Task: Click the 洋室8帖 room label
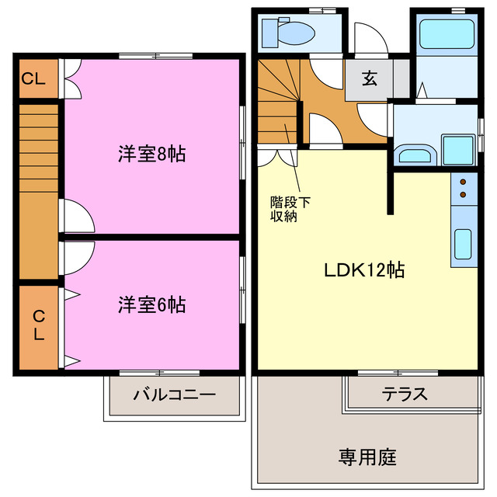pyautogui.click(x=151, y=154)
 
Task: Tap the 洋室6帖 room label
pyautogui.click(x=151, y=304)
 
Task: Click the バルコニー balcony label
pyautogui.click(x=174, y=394)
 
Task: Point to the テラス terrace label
pyautogui.click(x=405, y=394)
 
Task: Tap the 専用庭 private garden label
pyautogui.click(x=367, y=457)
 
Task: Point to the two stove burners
pyautogui.click(x=464, y=187)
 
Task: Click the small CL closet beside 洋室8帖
pyautogui.click(x=36, y=78)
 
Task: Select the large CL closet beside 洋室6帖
pyautogui.click(x=38, y=327)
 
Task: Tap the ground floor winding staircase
pyautogui.click(x=279, y=101)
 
